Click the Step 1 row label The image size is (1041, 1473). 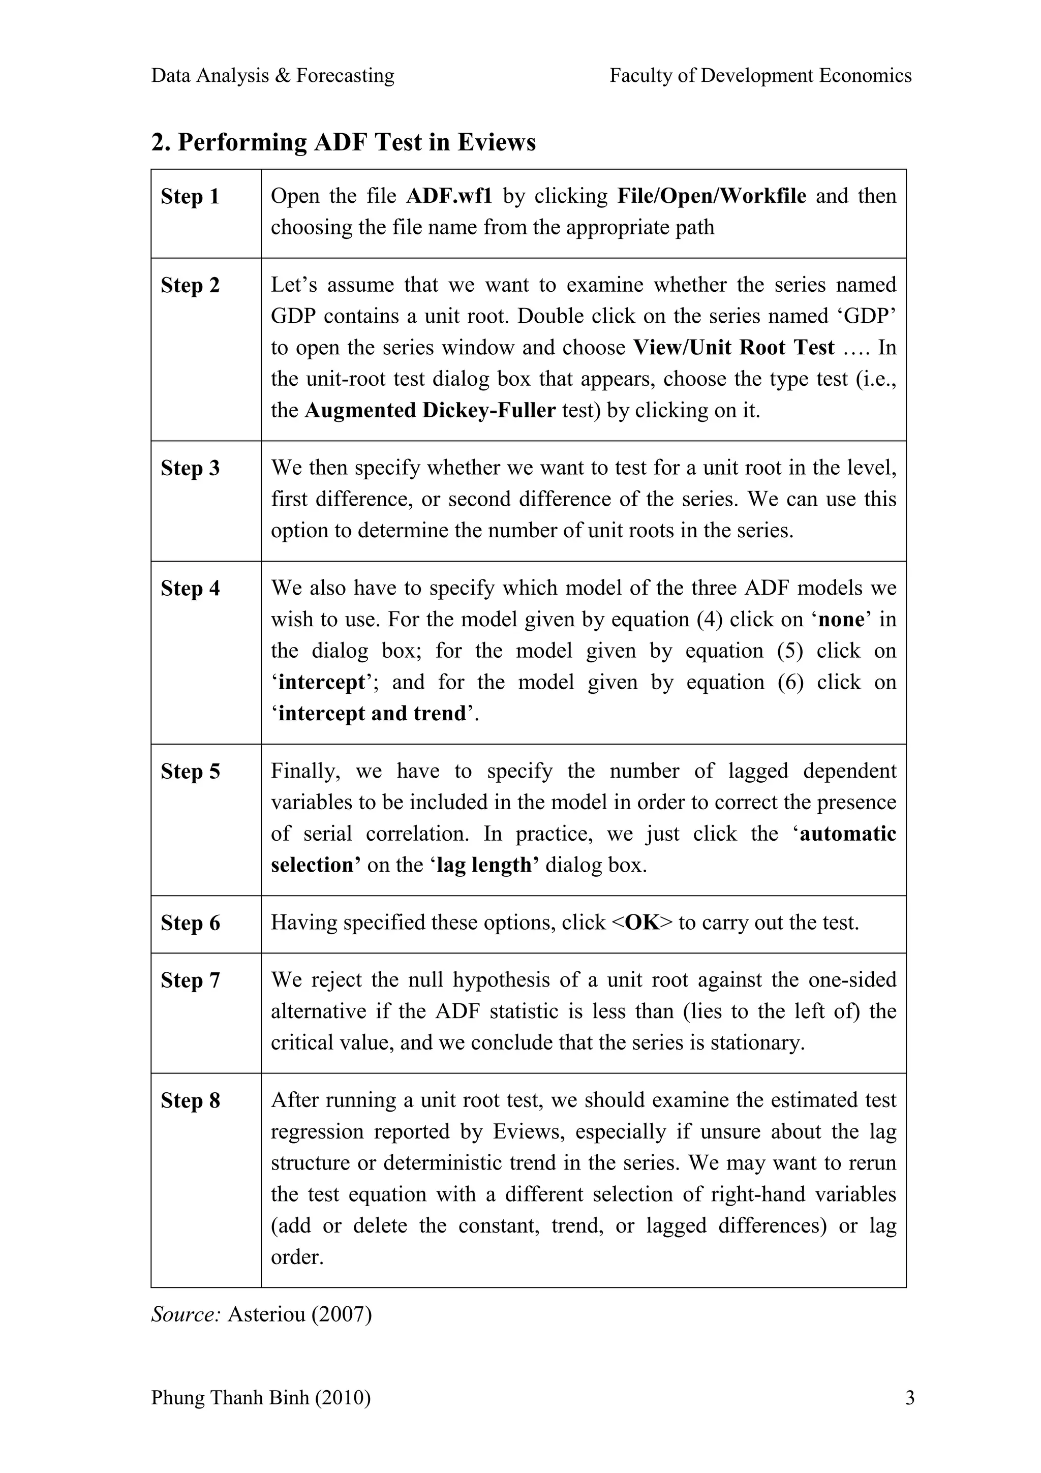click(x=190, y=196)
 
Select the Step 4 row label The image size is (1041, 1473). click(x=190, y=588)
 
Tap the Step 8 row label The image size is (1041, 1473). click(x=190, y=1100)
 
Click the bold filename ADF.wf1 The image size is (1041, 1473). click(x=449, y=196)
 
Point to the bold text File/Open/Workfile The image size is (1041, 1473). click(x=711, y=196)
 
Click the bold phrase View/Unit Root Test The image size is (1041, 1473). click(x=734, y=348)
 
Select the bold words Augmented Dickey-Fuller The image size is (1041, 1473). click(x=430, y=411)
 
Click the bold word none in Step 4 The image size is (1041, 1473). click(x=842, y=620)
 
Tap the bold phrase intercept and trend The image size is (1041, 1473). click(x=372, y=714)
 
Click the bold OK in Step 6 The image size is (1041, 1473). click(x=642, y=923)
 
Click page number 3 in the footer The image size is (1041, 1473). click(x=909, y=1397)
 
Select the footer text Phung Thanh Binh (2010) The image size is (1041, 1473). click(x=260, y=1397)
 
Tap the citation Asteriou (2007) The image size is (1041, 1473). click(x=299, y=1314)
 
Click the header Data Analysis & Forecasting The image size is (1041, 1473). click(x=272, y=76)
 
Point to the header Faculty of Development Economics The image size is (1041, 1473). click(x=760, y=76)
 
